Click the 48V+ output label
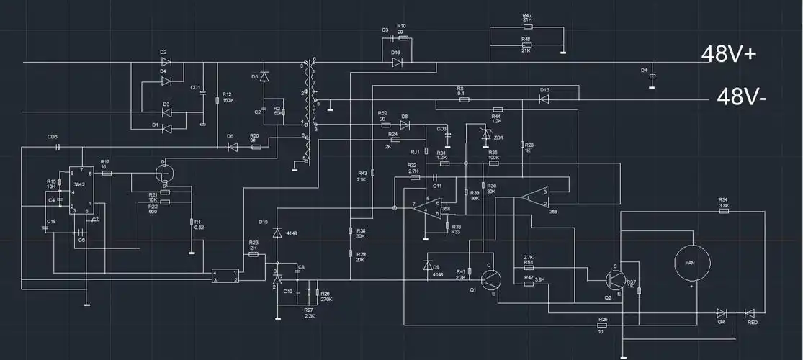(729, 54)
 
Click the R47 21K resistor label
(527, 19)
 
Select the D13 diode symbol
(545, 99)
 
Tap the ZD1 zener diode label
(498, 137)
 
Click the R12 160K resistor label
(228, 97)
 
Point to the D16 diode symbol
(397, 63)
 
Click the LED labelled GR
(721, 312)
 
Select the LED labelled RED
(750, 312)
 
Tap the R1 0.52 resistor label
(199, 224)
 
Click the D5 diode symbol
(264, 76)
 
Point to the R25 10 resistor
(603, 325)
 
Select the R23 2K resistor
(253, 254)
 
